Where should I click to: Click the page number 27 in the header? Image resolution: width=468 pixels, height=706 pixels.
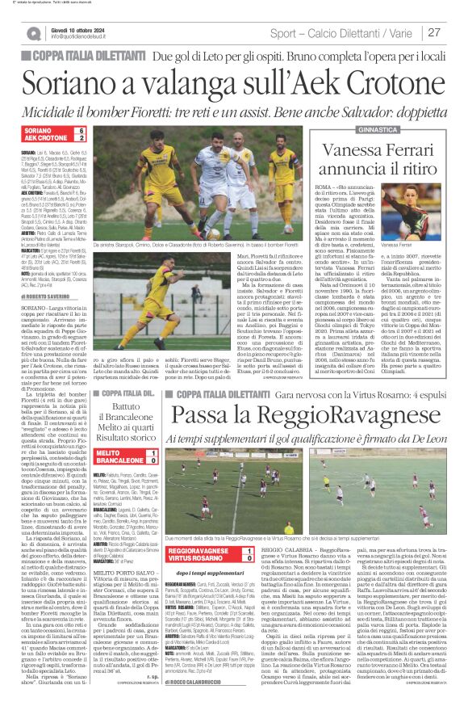click(454, 32)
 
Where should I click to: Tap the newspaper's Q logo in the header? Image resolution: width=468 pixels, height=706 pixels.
click(33, 33)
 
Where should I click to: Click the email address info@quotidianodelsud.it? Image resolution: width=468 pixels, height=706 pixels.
click(86, 37)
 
